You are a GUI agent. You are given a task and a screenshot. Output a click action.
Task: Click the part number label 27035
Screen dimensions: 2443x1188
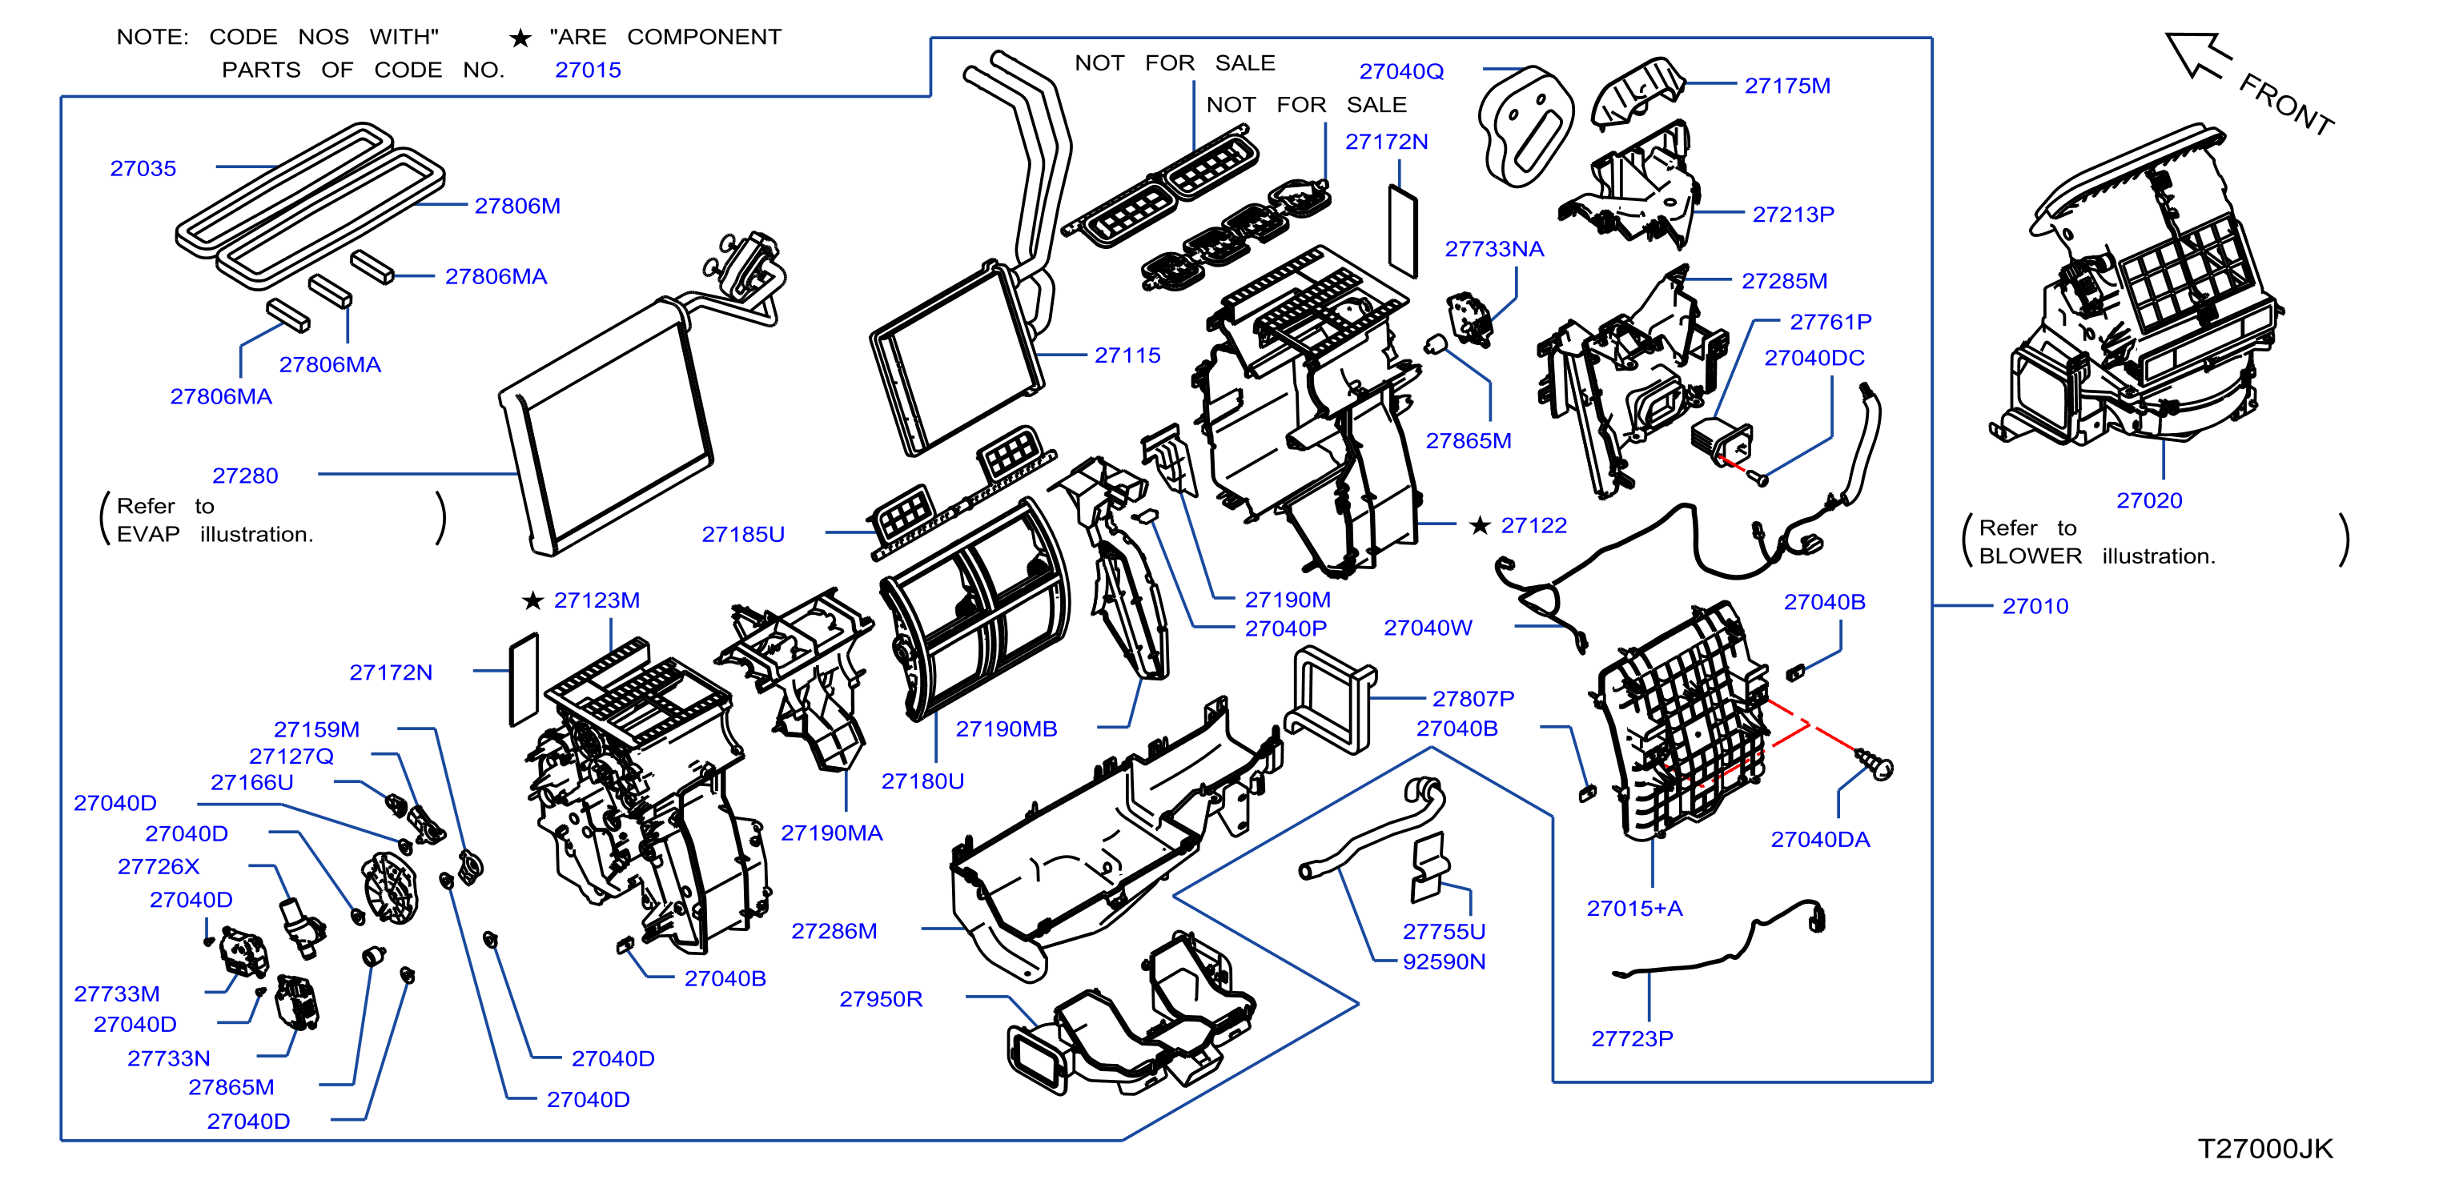click(143, 169)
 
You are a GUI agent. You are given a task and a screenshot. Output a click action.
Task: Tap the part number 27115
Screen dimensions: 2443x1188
click(1127, 355)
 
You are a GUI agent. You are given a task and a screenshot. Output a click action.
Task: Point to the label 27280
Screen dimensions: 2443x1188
click(245, 476)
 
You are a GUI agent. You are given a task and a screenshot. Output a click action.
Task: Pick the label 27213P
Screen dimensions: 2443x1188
click(1793, 215)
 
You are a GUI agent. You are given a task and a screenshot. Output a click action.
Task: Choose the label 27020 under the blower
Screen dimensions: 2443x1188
click(2148, 500)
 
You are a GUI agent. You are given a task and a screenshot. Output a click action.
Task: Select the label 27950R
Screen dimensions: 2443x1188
click(880, 999)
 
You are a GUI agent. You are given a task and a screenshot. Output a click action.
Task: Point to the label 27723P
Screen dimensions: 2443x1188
click(1631, 1039)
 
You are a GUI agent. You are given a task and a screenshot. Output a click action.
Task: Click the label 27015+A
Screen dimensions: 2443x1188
click(1634, 909)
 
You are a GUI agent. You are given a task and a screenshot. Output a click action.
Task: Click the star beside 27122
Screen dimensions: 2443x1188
click(1480, 525)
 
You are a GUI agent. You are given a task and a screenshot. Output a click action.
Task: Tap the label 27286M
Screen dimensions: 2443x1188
click(834, 931)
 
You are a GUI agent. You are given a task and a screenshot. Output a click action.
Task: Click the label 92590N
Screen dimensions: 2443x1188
click(1444, 961)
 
